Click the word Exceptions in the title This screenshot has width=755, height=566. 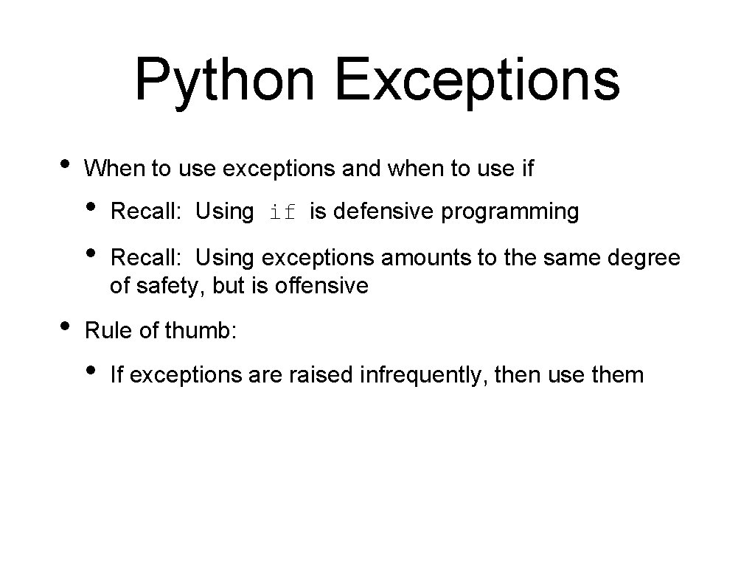477,80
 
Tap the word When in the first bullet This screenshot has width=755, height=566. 115,169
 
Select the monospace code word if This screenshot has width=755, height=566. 282,213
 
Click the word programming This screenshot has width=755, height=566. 510,213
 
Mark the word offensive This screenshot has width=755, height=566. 321,285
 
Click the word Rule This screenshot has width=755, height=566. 109,331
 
